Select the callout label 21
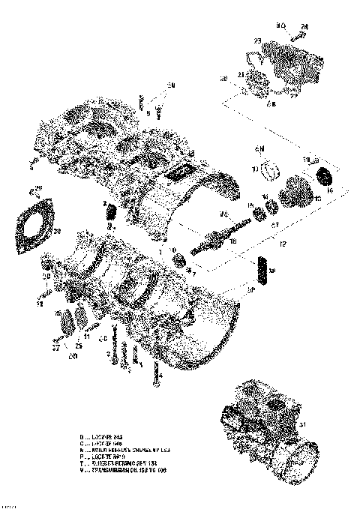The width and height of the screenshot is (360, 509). click(241, 74)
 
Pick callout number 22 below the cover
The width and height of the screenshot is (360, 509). click(269, 105)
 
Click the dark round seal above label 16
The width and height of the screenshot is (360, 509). click(326, 177)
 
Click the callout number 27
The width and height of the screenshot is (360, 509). click(55, 347)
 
